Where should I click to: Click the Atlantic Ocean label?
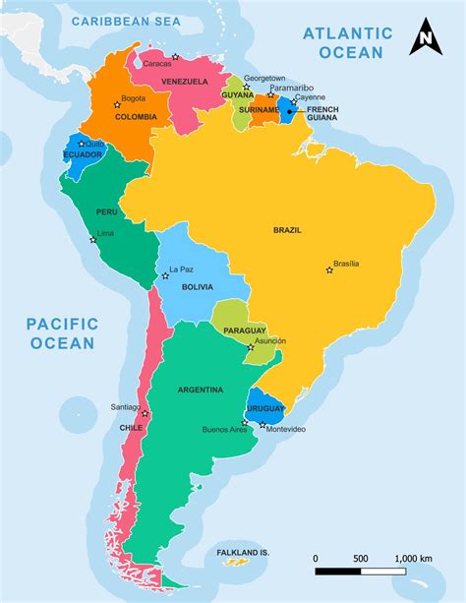point(347,42)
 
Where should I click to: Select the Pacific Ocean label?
point(62,332)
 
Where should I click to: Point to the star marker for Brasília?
point(329,270)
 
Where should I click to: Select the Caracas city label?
point(156,64)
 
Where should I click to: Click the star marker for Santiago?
point(145,413)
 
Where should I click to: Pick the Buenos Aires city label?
point(221,430)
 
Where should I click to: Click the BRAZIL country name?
point(287,230)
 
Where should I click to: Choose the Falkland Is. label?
point(242,553)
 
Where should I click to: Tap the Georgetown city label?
point(264,78)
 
